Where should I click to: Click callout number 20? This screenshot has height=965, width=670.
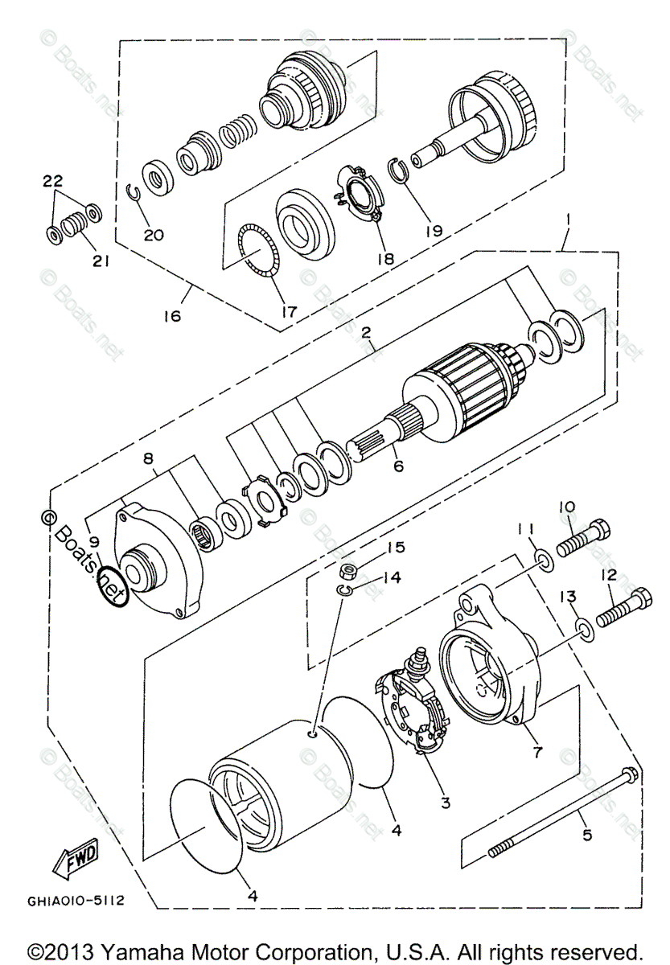coord(154,235)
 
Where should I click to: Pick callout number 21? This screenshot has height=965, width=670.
coord(101,261)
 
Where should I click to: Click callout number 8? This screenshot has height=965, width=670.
coord(148,459)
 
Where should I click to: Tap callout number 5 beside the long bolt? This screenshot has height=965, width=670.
coord(588,836)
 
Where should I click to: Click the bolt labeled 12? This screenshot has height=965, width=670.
coord(624,609)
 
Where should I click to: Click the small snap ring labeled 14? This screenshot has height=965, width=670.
coord(343,593)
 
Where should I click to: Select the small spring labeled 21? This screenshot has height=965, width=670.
coord(73,222)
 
